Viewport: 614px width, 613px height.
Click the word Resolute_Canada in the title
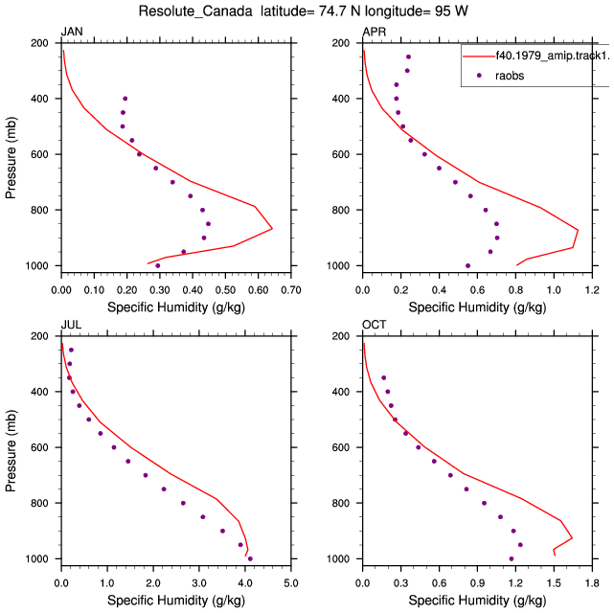(195, 11)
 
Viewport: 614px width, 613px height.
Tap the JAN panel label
(72, 32)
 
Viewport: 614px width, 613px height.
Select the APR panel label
(374, 32)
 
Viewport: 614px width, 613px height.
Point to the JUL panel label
(71, 325)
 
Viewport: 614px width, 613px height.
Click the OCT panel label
(374, 325)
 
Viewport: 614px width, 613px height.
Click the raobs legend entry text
(510, 76)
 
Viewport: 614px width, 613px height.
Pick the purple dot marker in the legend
(479, 76)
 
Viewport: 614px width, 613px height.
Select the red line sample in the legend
(479, 57)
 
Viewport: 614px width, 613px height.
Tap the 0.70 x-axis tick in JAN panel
(291, 290)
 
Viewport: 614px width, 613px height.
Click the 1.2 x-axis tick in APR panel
(592, 290)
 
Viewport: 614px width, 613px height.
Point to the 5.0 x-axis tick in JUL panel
(291, 583)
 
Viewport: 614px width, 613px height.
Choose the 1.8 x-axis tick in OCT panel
(592, 583)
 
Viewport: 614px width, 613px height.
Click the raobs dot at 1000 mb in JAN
(157, 265)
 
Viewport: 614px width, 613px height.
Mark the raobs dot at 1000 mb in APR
(467, 265)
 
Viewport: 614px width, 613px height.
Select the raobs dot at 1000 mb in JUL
(250, 558)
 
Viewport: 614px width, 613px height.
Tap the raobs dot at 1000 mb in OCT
(511, 558)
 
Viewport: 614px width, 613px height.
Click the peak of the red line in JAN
(272, 228)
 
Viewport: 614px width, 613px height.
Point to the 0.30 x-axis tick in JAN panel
(160, 290)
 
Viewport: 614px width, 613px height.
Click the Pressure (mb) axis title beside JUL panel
(11, 450)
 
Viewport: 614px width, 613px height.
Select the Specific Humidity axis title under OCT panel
(477, 601)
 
